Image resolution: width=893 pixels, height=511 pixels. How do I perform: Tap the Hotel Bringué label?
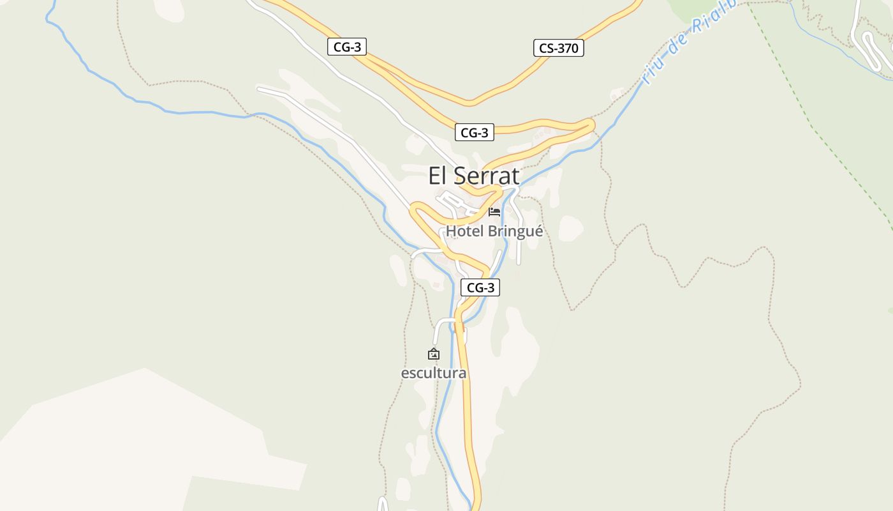(x=494, y=231)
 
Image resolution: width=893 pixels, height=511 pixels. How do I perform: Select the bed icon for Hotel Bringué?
(x=494, y=211)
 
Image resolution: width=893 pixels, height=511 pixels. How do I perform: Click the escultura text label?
(x=434, y=373)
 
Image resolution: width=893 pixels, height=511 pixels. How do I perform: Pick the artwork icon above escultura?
(x=434, y=353)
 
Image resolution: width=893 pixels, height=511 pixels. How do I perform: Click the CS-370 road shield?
(x=559, y=48)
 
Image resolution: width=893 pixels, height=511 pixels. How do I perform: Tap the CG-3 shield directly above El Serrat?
(x=475, y=133)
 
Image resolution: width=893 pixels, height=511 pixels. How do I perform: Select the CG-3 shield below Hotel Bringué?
(x=480, y=287)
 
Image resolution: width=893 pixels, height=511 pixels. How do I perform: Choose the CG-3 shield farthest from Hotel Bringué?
(x=347, y=46)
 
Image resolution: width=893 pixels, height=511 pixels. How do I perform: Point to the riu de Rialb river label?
(x=689, y=42)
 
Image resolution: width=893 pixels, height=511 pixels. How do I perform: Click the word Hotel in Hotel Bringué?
(x=465, y=231)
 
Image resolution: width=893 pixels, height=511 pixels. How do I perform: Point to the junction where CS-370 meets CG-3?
(x=469, y=102)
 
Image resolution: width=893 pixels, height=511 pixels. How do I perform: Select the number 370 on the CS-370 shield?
(x=567, y=48)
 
